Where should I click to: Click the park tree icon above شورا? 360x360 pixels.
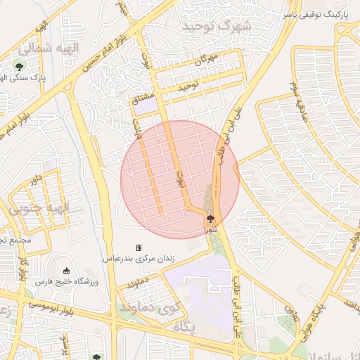(x=210, y=218)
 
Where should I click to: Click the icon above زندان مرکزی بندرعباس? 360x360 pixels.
(x=139, y=247)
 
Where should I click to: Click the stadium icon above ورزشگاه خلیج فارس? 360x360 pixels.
(x=67, y=271)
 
